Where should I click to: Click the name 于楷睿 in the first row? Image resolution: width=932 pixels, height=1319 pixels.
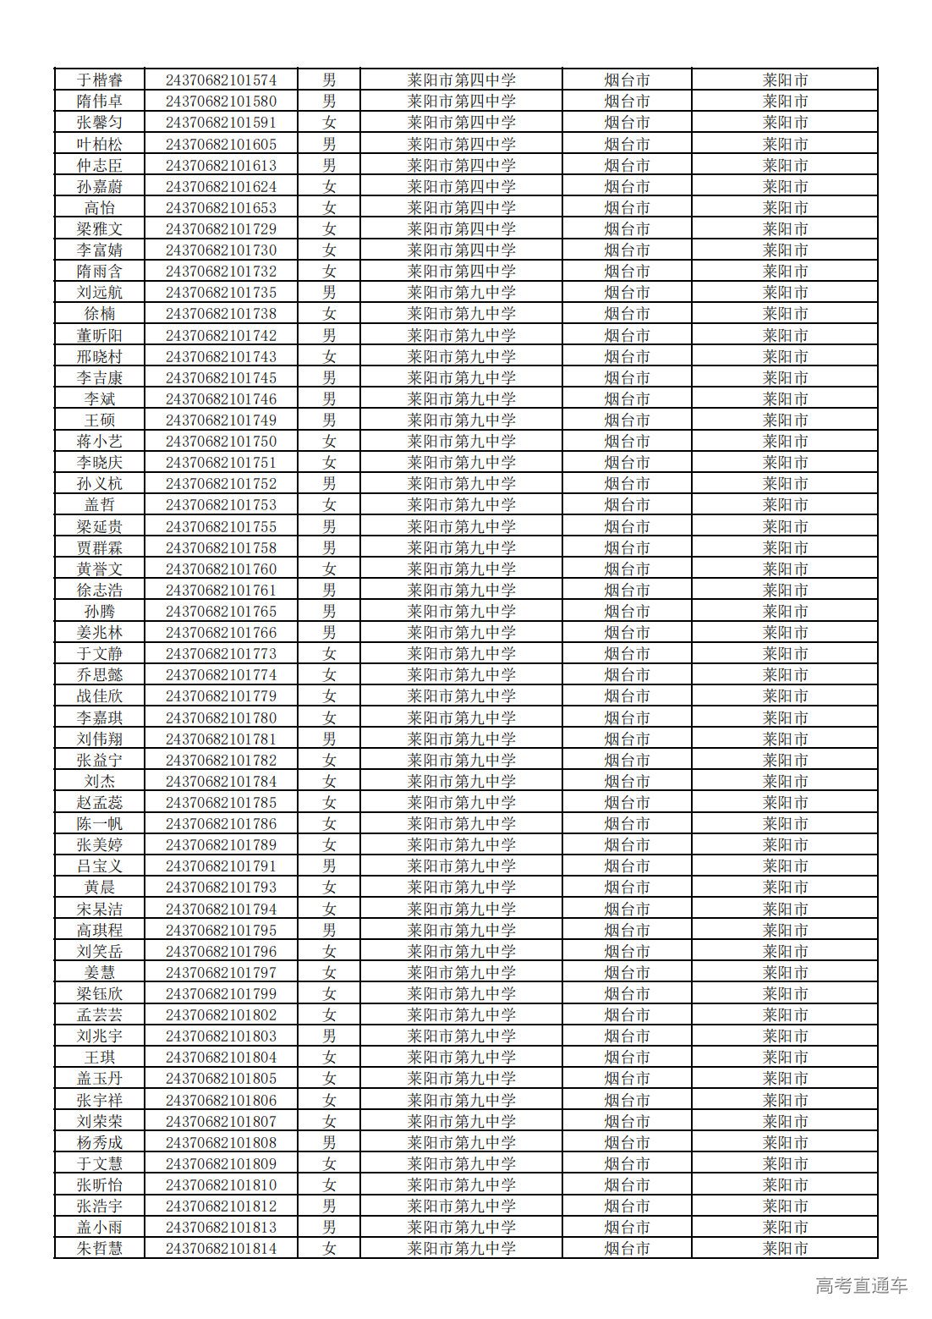pyautogui.click(x=100, y=80)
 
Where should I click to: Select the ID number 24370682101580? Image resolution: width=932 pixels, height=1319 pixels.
pyautogui.click(x=221, y=102)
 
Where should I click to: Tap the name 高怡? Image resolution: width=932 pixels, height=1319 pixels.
pyautogui.click(x=100, y=208)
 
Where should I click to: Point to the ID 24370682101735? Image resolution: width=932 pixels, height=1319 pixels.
pyautogui.click(x=221, y=293)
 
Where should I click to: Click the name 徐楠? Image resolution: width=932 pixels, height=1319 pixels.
pyautogui.click(x=100, y=314)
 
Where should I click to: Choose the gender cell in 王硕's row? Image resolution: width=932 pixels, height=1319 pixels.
pyautogui.click(x=329, y=420)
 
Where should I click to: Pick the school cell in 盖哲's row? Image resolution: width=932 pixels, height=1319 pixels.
pyautogui.click(x=461, y=505)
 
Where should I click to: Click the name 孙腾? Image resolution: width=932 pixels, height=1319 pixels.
pyautogui.click(x=100, y=612)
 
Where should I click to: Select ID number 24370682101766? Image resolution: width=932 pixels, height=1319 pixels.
pyautogui.click(x=221, y=633)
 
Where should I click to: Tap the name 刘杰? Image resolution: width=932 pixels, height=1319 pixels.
pyautogui.click(x=100, y=782)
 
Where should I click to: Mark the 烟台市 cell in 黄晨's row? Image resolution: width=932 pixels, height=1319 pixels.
pyautogui.click(x=627, y=888)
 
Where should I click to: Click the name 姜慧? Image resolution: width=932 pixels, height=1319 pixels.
pyautogui.click(x=100, y=973)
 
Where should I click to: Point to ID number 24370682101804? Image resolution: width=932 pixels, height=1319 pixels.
pyautogui.click(x=221, y=1058)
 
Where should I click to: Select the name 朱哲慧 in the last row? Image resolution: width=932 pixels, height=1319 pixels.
pyautogui.click(x=100, y=1249)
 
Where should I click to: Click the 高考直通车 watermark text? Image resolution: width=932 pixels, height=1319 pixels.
pyautogui.click(x=861, y=1286)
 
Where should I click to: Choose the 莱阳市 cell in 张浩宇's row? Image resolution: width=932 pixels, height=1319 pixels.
pyautogui.click(x=785, y=1206)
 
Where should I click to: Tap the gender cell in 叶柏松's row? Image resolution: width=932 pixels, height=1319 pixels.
pyautogui.click(x=329, y=145)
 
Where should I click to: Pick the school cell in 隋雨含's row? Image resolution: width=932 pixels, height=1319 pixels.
pyautogui.click(x=461, y=272)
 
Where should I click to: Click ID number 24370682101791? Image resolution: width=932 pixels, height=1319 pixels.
pyautogui.click(x=221, y=866)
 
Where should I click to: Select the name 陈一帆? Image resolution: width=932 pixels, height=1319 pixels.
pyautogui.click(x=100, y=824)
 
